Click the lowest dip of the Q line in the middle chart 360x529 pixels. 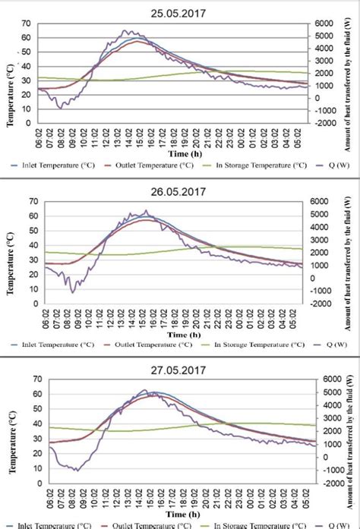coord(73,291)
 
